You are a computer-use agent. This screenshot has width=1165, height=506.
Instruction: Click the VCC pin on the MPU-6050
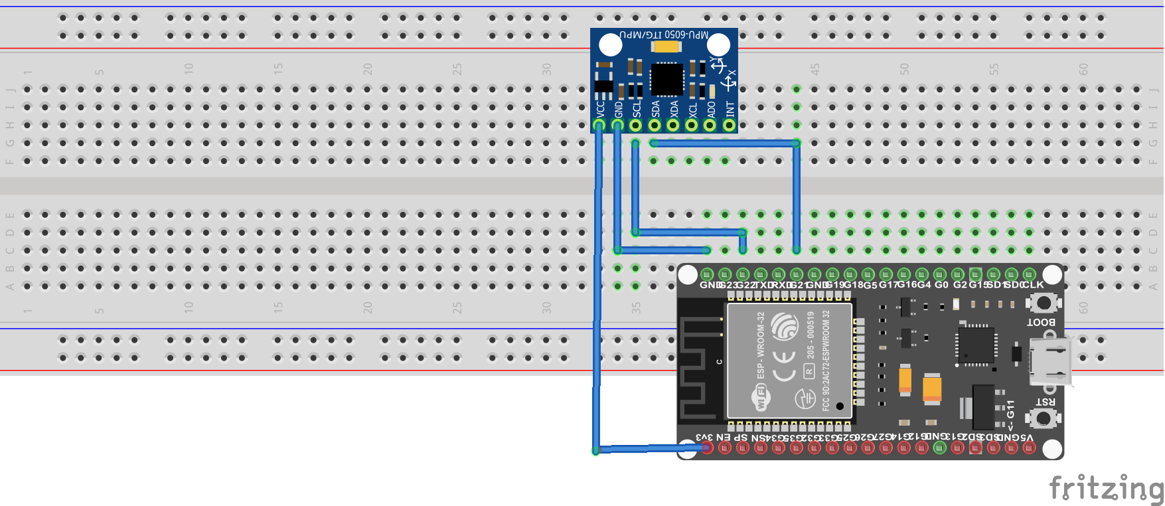pos(599,125)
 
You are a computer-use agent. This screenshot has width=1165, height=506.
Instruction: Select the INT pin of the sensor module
pos(729,125)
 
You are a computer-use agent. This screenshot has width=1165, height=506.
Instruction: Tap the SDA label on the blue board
pos(655,108)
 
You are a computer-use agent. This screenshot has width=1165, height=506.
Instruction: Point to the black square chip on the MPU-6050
pos(666,79)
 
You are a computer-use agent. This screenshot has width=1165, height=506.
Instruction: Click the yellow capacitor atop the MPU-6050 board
pos(666,46)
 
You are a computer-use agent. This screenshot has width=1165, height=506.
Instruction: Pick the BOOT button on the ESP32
pos(1044,303)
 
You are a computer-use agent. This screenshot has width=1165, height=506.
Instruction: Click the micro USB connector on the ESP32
pos(1051,361)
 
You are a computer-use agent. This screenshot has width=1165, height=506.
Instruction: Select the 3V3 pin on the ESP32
pos(707,448)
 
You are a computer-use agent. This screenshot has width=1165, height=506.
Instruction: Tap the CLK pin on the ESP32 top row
pos(1029,274)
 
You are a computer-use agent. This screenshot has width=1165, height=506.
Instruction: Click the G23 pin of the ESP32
pos(725,274)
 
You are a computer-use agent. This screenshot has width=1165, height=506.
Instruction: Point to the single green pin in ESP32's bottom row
pos(939,448)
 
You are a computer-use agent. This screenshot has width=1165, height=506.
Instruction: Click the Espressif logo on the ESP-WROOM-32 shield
pos(785,327)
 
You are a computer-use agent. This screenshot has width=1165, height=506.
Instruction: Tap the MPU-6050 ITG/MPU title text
pos(664,34)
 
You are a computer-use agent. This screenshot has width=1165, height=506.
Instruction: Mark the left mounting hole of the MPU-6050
pos(610,45)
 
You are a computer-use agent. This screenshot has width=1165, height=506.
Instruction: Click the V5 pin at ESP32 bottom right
pos(1029,448)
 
